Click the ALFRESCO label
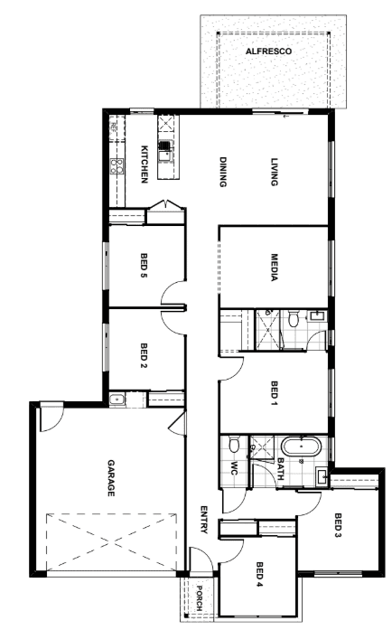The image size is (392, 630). coord(268,52)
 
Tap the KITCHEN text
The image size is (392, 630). coord(145,165)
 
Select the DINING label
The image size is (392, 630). coord(223,172)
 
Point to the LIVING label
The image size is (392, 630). coord(275,172)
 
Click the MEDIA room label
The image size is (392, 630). coord(275,268)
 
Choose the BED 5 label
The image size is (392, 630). coord(145,265)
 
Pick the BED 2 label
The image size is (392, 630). coord(145,355)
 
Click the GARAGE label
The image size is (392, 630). coord(111,478)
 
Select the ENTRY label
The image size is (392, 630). coord(204,520)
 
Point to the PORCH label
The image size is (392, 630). coord(200,598)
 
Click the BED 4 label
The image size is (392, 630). coord(259,574)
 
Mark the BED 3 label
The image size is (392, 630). coord(338,525)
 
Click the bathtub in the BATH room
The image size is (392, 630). coord(302,447)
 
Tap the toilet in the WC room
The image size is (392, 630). coord(233,445)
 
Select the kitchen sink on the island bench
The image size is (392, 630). coord(165,151)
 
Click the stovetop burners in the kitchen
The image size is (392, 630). coord(117,166)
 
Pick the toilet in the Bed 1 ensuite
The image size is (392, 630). coord(294,317)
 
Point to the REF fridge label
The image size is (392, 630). coord(113,127)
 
